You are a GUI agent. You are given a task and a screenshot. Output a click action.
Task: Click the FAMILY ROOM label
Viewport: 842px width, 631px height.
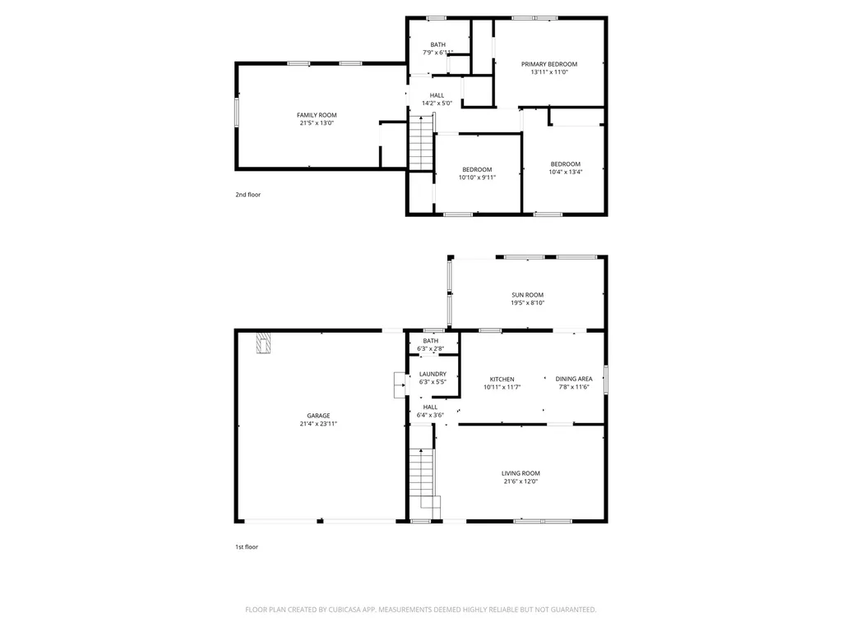[317, 115]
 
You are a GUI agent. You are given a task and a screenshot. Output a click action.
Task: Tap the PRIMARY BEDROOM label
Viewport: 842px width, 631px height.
[549, 64]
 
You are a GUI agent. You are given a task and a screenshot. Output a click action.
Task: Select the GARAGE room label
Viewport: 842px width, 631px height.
[318, 416]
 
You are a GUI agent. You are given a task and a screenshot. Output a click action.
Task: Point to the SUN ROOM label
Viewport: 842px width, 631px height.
[527, 295]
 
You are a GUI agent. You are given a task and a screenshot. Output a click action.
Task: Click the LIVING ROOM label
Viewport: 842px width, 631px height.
[520, 473]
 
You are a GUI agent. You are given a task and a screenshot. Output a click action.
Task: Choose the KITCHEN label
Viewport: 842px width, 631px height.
[502, 379]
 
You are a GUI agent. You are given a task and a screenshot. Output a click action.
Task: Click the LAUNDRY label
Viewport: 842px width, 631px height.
[433, 374]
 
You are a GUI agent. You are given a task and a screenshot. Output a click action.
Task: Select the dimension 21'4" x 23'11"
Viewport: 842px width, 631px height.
[318, 424]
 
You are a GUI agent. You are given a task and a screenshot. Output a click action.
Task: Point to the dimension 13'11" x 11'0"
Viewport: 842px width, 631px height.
[549, 72]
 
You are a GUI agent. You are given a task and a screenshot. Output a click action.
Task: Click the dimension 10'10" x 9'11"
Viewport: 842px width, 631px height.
[477, 177]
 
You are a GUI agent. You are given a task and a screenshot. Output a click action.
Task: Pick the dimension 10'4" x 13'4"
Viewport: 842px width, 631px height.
[565, 172]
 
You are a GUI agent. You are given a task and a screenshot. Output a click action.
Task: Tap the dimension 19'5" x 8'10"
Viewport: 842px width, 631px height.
[527, 303]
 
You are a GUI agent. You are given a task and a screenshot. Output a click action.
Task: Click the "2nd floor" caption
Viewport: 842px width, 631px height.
[248, 195]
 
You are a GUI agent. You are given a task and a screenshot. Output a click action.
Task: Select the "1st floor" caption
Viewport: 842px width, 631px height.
[247, 546]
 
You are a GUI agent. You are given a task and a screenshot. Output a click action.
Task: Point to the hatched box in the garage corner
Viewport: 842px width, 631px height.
[262, 342]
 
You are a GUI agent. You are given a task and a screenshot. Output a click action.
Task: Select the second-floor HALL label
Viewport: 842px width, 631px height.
[437, 95]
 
